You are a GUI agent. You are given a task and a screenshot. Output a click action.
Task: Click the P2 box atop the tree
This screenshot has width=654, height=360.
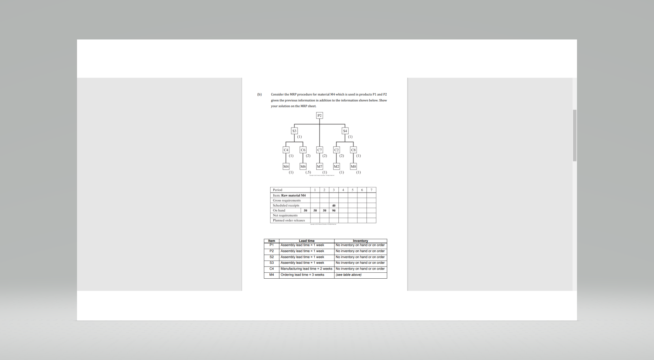coord(319,115)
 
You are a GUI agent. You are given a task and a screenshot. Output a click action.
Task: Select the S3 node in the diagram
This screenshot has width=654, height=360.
coord(294,131)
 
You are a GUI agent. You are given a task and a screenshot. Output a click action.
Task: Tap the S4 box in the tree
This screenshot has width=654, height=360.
coord(345,131)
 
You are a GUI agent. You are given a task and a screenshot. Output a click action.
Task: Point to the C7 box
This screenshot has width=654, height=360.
coord(319,150)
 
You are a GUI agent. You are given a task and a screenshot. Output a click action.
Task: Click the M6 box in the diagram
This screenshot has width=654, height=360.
coord(303,167)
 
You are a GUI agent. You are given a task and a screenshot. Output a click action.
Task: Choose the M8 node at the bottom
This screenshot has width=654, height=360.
coord(353,167)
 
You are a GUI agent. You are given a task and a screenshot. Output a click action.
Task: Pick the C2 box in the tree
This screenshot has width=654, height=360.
coord(336,150)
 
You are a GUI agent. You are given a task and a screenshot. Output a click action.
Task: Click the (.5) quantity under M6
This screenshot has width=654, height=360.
coord(308,172)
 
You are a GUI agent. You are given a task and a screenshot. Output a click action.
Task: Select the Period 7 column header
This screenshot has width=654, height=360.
coord(371,190)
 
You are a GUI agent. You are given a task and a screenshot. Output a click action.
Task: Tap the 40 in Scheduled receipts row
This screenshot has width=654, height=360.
coord(334,206)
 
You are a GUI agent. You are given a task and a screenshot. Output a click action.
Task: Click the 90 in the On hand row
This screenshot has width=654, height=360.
coord(334,210)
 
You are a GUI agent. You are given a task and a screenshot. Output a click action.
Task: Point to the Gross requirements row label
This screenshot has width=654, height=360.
coord(286,201)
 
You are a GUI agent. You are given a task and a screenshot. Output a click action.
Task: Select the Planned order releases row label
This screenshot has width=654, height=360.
coord(289,220)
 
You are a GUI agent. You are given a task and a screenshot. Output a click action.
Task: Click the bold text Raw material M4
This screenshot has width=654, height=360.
coord(293,195)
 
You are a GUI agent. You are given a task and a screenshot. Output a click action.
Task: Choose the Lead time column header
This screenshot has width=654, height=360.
coord(306,241)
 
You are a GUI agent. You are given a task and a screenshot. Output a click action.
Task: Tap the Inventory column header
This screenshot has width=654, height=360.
coord(360,241)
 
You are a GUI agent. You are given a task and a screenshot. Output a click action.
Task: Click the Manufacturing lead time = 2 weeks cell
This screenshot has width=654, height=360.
coord(306,269)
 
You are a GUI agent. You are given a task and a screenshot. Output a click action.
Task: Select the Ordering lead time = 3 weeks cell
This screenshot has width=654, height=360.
coord(302,275)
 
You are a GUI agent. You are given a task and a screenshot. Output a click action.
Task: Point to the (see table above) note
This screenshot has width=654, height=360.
coord(348,275)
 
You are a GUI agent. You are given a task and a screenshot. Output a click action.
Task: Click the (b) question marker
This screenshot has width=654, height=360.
coord(259,94)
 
